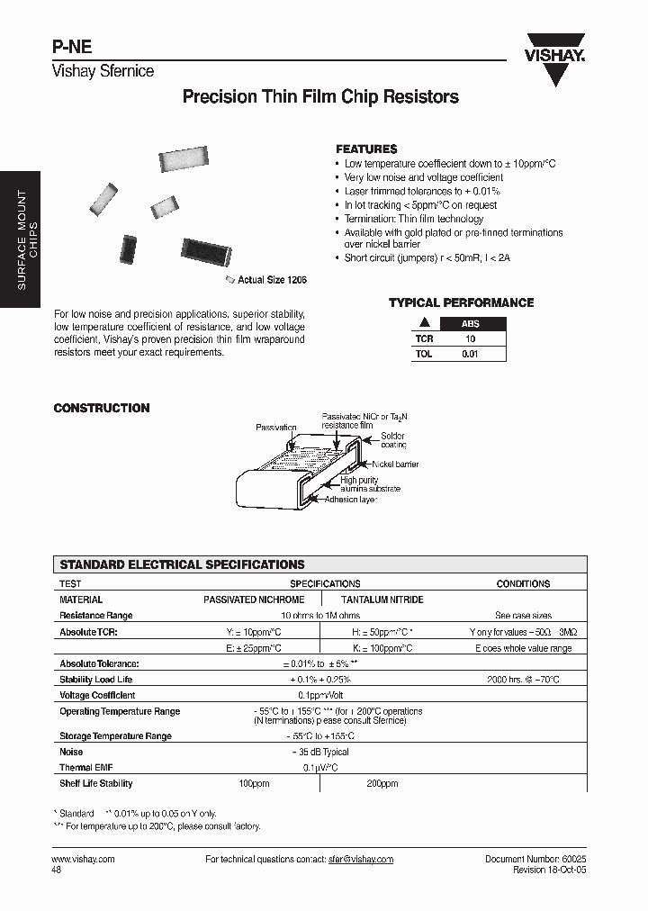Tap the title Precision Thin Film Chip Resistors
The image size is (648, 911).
320,97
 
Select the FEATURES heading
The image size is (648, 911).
366,149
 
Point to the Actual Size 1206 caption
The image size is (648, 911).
272,281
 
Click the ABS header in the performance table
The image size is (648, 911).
471,324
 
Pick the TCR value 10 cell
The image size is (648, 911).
470,339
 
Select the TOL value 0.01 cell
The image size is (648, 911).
470,355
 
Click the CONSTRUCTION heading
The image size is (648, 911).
102,408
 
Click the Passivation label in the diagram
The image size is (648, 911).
275,427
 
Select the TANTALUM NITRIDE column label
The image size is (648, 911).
382,600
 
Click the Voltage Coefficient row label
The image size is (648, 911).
97,695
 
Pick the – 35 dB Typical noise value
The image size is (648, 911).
319,752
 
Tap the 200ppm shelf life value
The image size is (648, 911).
382,784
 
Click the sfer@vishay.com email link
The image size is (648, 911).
360,860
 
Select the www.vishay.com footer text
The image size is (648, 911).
84,860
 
